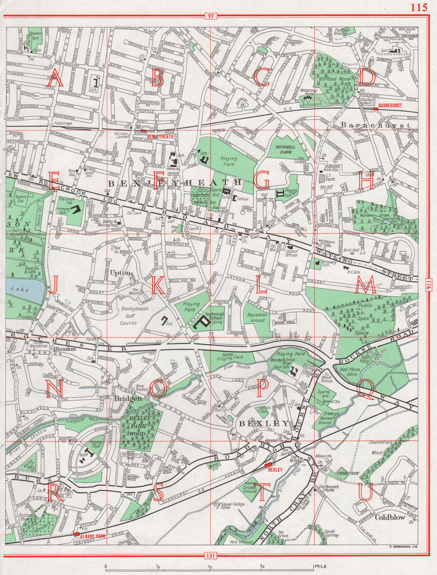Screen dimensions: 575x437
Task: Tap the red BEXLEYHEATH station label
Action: point(160,136)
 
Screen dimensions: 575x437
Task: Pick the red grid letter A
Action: point(55,80)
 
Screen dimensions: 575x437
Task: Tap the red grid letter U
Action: point(365,492)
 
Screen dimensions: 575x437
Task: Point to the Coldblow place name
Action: point(390,517)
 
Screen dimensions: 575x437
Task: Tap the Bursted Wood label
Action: point(333,79)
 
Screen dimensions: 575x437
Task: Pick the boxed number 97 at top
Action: point(211,17)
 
